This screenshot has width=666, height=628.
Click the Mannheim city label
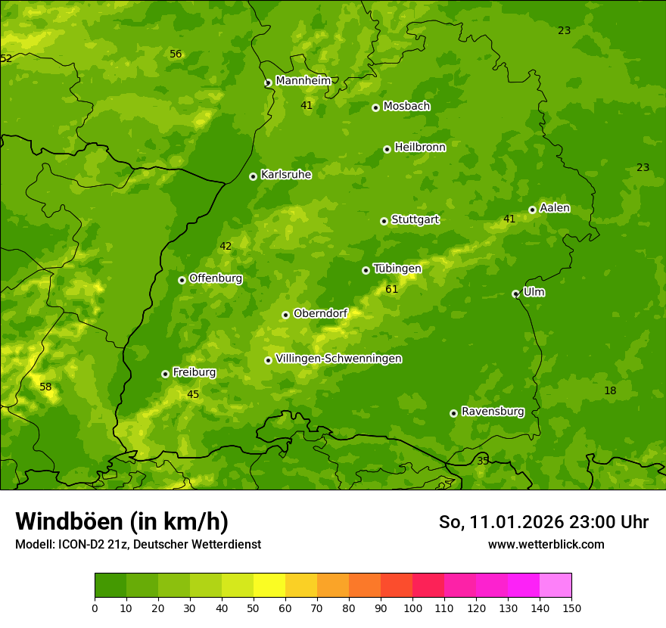(303, 81)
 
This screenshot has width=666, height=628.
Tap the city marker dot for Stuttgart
(384, 221)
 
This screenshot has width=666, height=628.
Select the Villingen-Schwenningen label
(338, 359)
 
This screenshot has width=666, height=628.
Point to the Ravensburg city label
(493, 412)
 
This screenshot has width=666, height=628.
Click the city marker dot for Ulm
(516, 294)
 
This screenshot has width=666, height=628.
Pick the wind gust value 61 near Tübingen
(391, 289)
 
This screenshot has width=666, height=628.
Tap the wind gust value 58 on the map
(45, 387)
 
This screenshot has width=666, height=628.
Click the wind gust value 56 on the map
(176, 54)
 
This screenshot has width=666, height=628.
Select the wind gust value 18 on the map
(610, 390)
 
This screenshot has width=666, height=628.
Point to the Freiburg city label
(194, 372)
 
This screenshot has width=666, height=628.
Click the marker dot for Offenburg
(182, 280)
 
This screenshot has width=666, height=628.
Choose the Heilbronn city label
(420, 148)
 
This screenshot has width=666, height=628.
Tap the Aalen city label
(555, 208)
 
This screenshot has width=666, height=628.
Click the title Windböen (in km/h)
(122, 521)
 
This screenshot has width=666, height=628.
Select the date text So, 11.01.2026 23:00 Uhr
(543, 522)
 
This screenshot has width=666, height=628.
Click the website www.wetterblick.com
(546, 544)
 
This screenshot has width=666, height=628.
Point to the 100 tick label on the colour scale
(412, 608)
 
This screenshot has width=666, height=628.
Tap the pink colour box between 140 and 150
(556, 586)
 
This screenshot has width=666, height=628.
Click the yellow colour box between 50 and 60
(269, 586)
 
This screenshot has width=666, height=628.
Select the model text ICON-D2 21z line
(138, 544)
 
